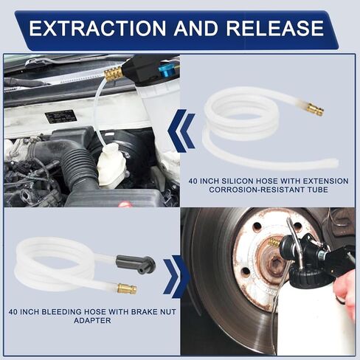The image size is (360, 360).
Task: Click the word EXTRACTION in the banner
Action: pos(97,28)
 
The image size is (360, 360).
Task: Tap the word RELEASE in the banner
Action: pos(274,28)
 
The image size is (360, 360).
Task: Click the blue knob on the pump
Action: pos(167,70)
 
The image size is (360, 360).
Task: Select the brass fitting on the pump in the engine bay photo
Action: pos(113,74)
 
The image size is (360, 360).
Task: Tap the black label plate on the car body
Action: pos(60,117)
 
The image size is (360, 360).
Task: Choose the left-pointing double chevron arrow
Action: pos(181,131)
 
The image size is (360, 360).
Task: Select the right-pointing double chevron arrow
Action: pos(176,277)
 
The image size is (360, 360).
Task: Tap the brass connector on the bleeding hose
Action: pos(127,288)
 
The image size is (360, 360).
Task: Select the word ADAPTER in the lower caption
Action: pos(92,321)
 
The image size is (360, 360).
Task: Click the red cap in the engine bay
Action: pos(125,204)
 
